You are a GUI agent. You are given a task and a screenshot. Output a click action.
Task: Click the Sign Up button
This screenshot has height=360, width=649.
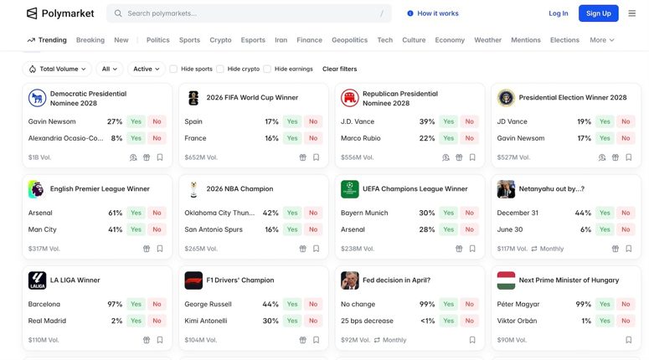[x=598, y=13]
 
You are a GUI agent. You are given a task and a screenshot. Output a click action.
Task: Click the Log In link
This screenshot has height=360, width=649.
[x=558, y=13]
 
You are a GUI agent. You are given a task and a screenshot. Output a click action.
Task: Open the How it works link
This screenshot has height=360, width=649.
[x=433, y=13]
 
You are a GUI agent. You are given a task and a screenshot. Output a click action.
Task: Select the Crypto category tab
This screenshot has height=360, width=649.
[x=220, y=40]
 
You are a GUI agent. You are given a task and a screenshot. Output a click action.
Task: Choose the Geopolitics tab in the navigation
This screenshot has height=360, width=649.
[x=349, y=40]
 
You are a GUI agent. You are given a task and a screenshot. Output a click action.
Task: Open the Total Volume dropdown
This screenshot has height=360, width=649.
[x=57, y=69]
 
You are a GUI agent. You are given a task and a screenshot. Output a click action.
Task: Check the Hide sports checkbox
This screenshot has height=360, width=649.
[x=173, y=69]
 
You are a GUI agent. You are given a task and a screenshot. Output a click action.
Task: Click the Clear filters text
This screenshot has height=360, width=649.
[x=339, y=69]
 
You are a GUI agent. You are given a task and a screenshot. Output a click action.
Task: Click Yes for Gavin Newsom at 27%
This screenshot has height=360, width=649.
[x=136, y=121]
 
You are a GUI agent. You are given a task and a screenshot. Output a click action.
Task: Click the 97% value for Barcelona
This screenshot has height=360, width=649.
[x=115, y=305]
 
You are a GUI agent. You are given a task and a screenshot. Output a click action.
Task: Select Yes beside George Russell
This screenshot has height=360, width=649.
[x=292, y=305]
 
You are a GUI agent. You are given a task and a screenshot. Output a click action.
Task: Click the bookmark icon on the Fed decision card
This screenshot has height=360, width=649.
[x=472, y=340]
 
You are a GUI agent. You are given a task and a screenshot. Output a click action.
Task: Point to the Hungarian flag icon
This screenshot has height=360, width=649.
[x=506, y=280]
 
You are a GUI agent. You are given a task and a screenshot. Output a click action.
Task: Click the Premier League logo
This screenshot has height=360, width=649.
[x=37, y=189]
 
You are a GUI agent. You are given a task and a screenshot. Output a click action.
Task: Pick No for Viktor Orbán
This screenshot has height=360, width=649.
[x=626, y=321]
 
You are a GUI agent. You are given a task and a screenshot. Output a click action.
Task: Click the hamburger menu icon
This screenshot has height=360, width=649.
[x=631, y=13]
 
